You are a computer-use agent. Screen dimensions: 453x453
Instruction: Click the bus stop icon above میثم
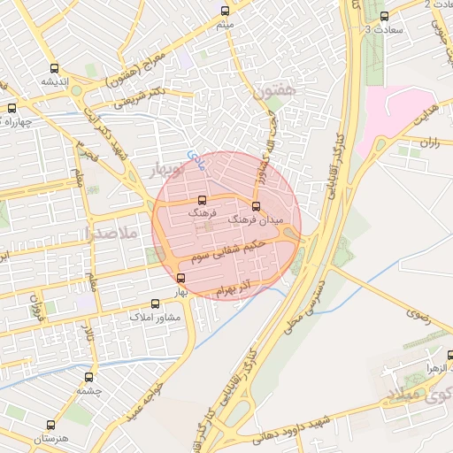click(225, 12)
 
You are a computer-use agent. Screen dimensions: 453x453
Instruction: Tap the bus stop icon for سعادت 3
click(383, 16)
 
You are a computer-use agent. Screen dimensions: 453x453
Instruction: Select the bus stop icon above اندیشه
click(55, 68)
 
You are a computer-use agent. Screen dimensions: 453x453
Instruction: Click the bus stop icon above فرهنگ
click(201, 200)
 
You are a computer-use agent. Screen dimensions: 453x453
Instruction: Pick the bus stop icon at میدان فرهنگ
click(257, 206)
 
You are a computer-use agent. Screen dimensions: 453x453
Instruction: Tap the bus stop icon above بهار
click(181, 278)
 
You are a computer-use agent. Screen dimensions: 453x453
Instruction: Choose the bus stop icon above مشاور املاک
click(156, 303)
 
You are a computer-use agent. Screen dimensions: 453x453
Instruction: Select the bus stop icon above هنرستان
click(50, 425)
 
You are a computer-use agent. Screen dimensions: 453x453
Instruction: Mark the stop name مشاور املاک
click(156, 316)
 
